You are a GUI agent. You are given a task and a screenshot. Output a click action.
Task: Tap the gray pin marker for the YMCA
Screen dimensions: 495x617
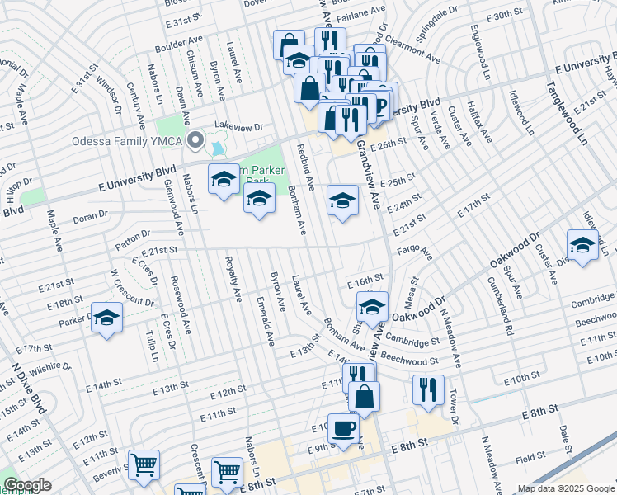tap(195, 139)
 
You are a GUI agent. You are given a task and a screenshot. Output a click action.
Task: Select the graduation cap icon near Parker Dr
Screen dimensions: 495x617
tap(106, 318)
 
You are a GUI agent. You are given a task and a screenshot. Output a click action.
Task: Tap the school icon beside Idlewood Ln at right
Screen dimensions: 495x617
tap(582, 245)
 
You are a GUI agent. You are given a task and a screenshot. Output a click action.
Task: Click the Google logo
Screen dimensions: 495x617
tap(27, 485)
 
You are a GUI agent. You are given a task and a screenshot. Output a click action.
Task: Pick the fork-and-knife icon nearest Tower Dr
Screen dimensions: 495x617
tap(426, 389)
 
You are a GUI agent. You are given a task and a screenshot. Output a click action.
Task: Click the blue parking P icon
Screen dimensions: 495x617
tap(380, 106)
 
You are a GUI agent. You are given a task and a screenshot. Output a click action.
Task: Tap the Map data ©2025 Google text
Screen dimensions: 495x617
tap(565, 488)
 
